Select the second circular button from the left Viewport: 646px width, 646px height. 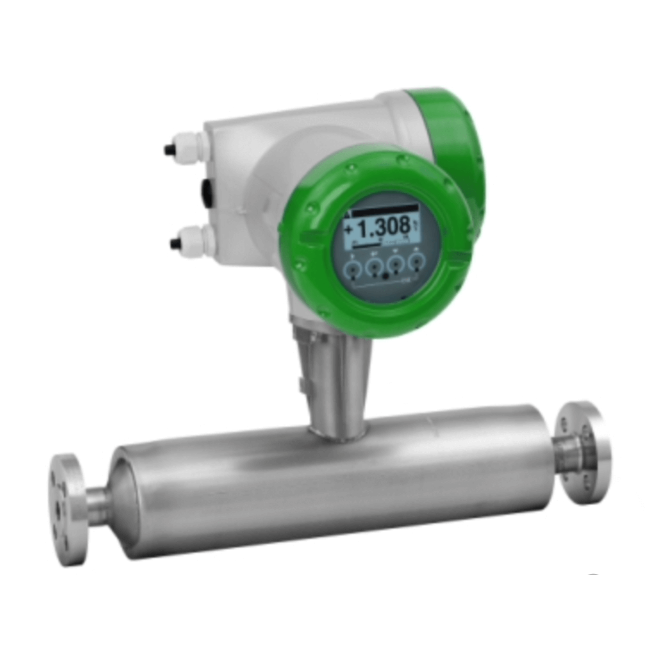[374, 268]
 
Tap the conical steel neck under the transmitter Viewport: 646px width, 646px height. [336, 375]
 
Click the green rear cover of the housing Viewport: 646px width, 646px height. [457, 129]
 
